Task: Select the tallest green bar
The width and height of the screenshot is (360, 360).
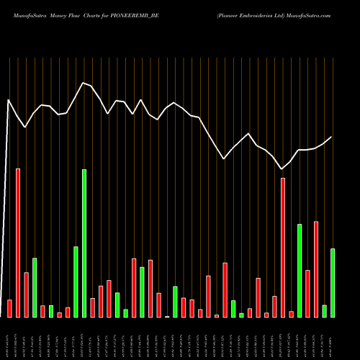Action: tap(84, 243)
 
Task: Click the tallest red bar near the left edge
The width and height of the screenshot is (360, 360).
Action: tap(18, 243)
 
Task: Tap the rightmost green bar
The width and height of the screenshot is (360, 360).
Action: tap(332, 282)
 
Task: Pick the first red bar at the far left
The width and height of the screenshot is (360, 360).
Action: tap(9, 308)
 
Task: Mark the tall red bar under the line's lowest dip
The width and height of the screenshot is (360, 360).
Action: tap(283, 248)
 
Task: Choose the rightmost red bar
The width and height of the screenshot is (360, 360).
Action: tap(315, 269)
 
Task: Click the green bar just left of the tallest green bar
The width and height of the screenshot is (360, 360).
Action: tap(76, 282)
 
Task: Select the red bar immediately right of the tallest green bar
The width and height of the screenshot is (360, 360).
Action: tap(92, 307)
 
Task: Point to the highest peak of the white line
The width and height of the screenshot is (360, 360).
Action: tap(84, 83)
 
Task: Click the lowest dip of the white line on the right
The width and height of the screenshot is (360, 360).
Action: tap(282, 169)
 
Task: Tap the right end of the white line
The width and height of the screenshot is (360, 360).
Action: tap(332, 137)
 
